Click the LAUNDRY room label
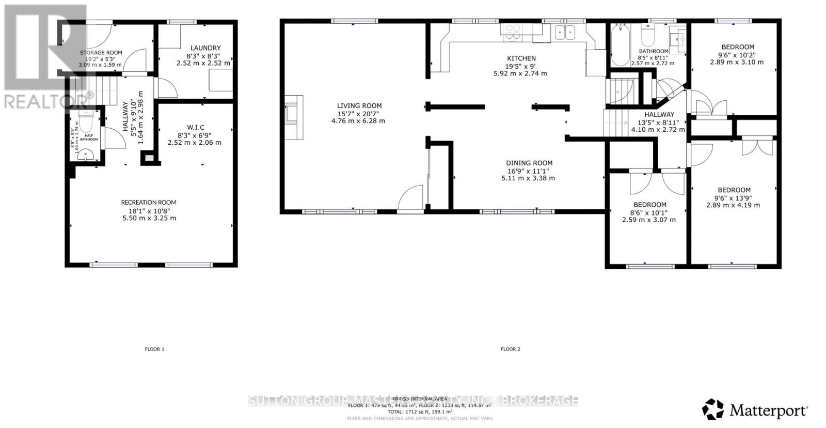coord(206,48)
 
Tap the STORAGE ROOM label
coord(101,53)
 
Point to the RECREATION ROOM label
coord(149,203)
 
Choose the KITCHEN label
coord(521,58)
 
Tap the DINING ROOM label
coord(529,163)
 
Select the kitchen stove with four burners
coord(513,33)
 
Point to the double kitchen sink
coord(565,33)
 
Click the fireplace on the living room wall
coord(293,117)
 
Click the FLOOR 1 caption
coord(154,349)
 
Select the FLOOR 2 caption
coord(511,349)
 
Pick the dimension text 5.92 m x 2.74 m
coord(520,73)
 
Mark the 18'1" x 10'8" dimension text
coord(149,211)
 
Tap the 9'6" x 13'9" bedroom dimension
coord(734,197)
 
